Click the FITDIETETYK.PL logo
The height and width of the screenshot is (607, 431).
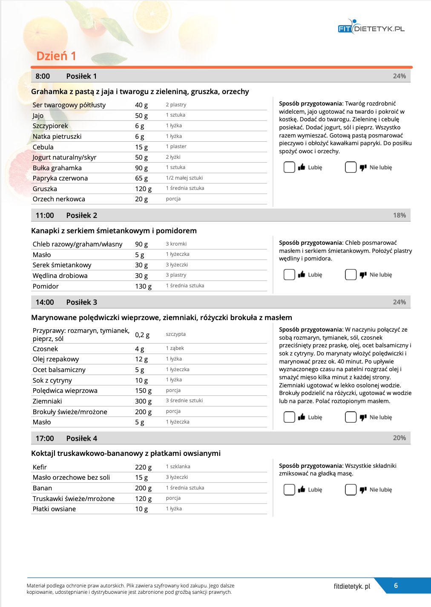click(371, 28)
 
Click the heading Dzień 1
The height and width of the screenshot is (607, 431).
click(56, 56)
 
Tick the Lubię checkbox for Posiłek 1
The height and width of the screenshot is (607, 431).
click(289, 167)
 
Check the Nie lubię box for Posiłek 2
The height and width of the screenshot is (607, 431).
click(351, 275)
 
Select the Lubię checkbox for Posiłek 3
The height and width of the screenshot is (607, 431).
click(289, 417)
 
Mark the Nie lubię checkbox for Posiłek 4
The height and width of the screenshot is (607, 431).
click(351, 490)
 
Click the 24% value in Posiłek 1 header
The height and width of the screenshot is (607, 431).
click(399, 76)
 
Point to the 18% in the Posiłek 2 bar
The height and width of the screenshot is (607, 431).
click(399, 215)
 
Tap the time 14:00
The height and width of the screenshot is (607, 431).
click(45, 302)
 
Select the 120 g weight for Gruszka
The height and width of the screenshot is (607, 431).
click(143, 189)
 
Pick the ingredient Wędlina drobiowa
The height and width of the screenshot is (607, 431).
click(60, 276)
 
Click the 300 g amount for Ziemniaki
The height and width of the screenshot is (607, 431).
click(143, 401)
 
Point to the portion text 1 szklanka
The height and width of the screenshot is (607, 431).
click(178, 467)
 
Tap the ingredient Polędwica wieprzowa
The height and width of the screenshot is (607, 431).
click(65, 391)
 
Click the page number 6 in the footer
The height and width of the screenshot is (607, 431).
click(396, 586)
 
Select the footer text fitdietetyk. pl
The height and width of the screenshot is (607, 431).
click(352, 587)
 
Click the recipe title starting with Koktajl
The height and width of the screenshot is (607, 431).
click(126, 453)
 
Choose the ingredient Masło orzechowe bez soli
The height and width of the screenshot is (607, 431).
click(71, 478)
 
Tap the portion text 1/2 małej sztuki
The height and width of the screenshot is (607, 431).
click(184, 178)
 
